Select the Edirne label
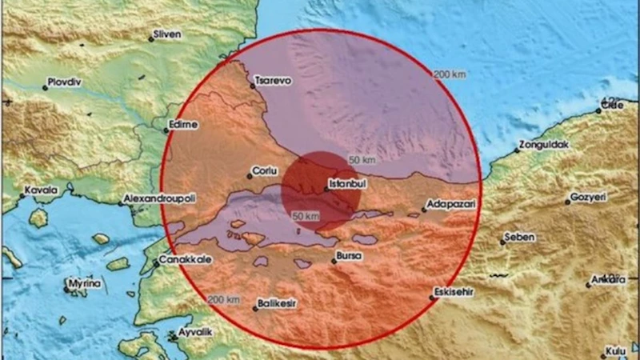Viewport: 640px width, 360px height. coord(184,126)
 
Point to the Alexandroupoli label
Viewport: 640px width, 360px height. coord(158,198)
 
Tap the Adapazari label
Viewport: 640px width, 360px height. coord(453,206)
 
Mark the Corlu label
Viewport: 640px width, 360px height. coord(264,171)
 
